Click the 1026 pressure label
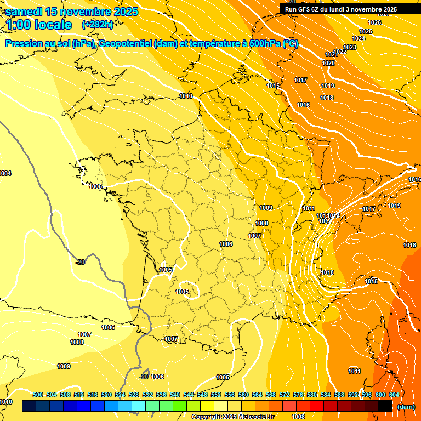click(x=374, y=22)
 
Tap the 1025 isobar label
click(x=366, y=31)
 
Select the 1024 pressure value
click(x=359, y=38)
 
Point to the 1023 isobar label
click(x=350, y=47)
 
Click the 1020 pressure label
click(x=328, y=63)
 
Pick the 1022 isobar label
click(x=340, y=52)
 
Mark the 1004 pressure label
click(x=5, y=173)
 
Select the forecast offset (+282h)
click(x=98, y=25)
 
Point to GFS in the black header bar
click(x=304, y=9)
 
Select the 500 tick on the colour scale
click(x=38, y=395)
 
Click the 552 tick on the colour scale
click(x=216, y=395)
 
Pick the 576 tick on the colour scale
click(x=298, y=395)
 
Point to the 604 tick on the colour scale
click(x=394, y=395)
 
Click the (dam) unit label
click(x=406, y=406)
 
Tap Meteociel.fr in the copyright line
click(x=255, y=417)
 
